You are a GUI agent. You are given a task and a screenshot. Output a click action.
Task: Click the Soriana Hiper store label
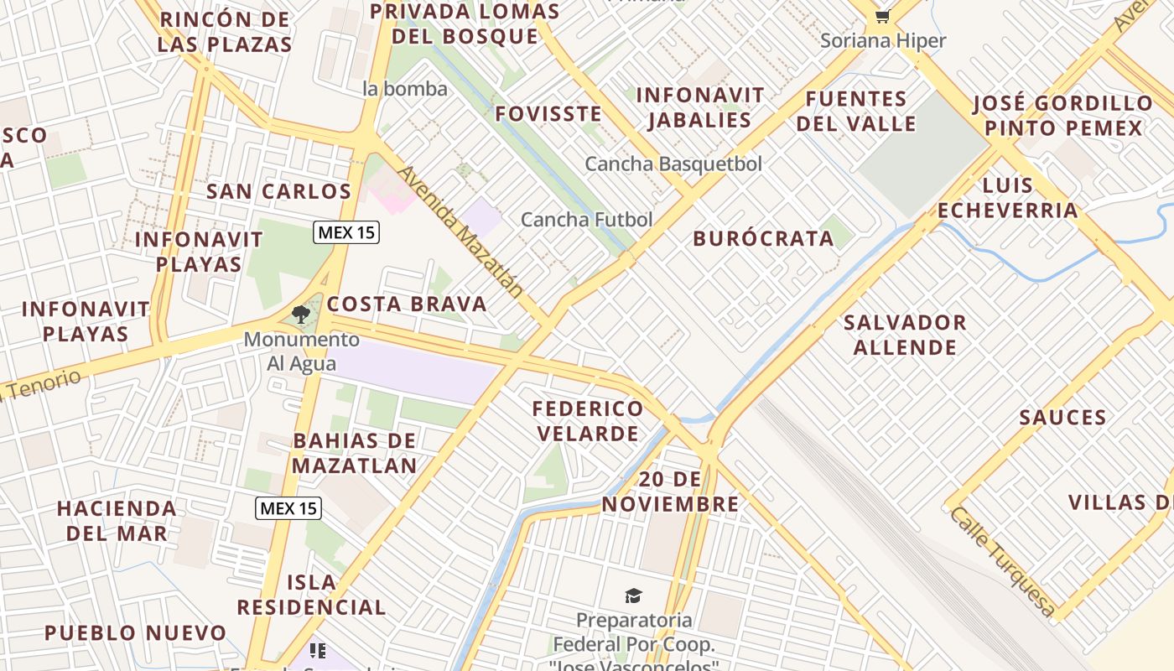883,40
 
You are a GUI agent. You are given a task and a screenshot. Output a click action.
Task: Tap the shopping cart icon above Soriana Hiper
882,16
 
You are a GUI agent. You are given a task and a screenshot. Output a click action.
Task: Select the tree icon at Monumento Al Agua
301,315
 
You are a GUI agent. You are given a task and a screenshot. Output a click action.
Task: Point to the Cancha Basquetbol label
673,164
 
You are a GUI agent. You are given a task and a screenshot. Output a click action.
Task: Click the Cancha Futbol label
586,220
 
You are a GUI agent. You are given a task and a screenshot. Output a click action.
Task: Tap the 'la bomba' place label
405,88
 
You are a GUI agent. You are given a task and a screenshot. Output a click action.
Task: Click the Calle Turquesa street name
1001,560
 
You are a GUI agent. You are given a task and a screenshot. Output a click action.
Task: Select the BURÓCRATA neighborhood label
763,238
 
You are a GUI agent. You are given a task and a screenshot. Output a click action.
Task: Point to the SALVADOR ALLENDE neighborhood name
905,335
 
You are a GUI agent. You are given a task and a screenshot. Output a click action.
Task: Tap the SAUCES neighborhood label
1062,417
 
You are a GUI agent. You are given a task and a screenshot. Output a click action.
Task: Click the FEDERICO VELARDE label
588,421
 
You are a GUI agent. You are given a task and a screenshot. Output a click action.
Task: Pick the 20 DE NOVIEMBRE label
670,492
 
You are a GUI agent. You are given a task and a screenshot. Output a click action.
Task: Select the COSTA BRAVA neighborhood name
407,304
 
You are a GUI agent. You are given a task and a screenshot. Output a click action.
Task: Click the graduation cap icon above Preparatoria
633,596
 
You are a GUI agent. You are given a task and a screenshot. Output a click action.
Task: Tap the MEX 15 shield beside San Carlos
346,232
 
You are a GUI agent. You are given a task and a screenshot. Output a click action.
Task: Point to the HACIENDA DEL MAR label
117,520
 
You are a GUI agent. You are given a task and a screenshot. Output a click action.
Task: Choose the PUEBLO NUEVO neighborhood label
135,632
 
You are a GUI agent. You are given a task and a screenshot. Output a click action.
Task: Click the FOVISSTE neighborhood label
548,113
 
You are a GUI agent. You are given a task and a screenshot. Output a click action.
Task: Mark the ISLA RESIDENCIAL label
311,594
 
